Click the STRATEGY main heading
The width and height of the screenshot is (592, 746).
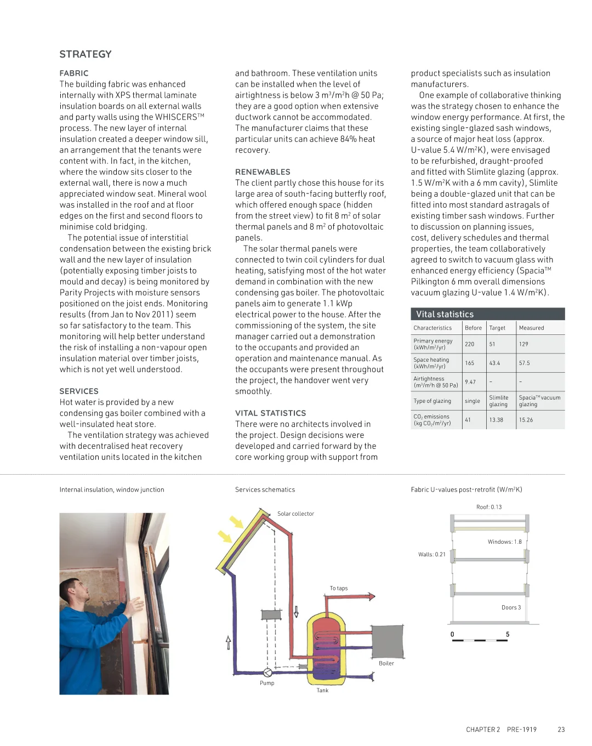click(x=86, y=54)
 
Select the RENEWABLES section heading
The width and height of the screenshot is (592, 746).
click(x=263, y=172)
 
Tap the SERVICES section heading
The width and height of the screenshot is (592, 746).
click(x=79, y=391)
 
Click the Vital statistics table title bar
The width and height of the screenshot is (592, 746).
click(x=487, y=314)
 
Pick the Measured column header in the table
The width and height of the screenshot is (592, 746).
click(x=531, y=328)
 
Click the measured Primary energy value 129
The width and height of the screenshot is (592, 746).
click(x=523, y=344)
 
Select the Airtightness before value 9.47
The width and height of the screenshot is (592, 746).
click(x=470, y=382)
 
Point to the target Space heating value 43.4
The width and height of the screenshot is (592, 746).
click(x=494, y=363)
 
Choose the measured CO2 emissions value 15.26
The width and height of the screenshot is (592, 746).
click(x=526, y=420)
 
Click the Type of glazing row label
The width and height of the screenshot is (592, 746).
click(x=432, y=401)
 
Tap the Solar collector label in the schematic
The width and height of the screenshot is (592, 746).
click(x=295, y=514)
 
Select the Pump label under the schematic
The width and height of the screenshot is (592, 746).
click(x=267, y=683)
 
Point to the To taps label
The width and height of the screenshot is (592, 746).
click(x=338, y=588)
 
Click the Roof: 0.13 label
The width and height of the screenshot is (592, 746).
click(x=489, y=507)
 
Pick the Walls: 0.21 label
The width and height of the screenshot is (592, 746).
click(x=432, y=555)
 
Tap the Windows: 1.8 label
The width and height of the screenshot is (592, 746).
click(x=504, y=542)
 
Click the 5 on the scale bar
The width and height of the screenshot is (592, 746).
click(x=508, y=634)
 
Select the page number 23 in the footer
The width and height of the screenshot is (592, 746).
click(x=561, y=730)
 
